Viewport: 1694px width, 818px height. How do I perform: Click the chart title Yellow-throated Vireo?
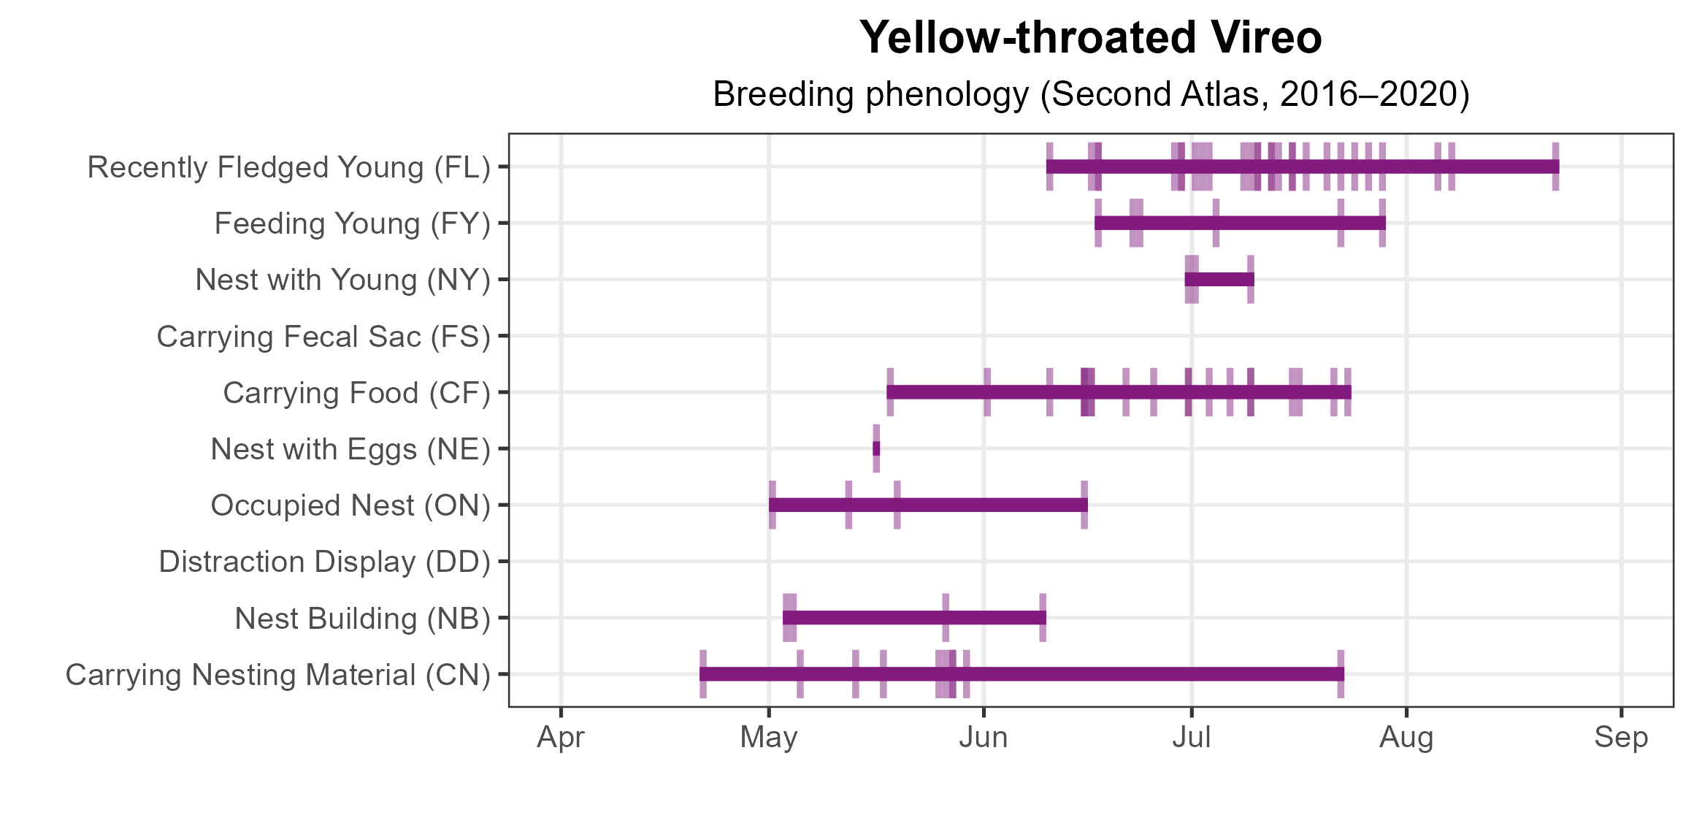[1090, 38]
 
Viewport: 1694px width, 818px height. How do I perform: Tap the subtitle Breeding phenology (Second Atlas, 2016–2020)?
[1090, 95]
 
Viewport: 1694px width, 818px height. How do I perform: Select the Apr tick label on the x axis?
[561, 738]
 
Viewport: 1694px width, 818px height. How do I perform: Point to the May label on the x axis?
[769, 738]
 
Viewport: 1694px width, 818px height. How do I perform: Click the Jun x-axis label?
[984, 738]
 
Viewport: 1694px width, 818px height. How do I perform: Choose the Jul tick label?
[1192, 738]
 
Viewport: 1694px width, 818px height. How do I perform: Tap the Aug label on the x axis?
[1406, 738]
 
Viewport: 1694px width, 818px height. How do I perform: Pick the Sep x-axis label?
[1621, 738]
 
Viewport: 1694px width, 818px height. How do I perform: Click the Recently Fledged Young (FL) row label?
[289, 167]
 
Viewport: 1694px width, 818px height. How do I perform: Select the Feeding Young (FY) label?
[353, 223]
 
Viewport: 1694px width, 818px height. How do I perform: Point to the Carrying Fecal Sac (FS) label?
[323, 337]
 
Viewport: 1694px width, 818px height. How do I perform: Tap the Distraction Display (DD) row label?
[325, 562]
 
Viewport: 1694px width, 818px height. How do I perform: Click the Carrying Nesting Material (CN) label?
[278, 675]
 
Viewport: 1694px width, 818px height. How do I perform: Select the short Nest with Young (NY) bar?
[1219, 280]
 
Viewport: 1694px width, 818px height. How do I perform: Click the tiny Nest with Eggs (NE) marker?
[876, 448]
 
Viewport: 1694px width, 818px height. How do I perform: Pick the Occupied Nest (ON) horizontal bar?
[928, 505]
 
